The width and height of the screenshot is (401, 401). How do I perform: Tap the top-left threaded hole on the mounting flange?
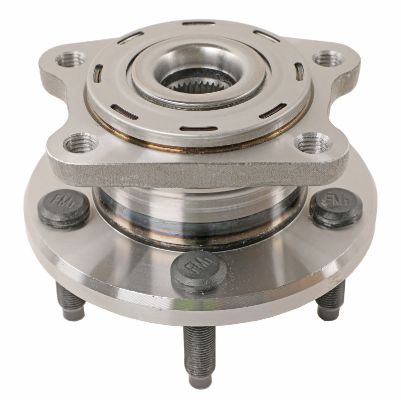click(x=70, y=59)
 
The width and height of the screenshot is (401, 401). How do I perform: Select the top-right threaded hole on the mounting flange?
click(x=328, y=59)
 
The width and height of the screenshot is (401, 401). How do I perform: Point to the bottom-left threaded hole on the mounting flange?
click(x=82, y=143)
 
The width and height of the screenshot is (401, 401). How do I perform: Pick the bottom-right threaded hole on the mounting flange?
click(x=313, y=144)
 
